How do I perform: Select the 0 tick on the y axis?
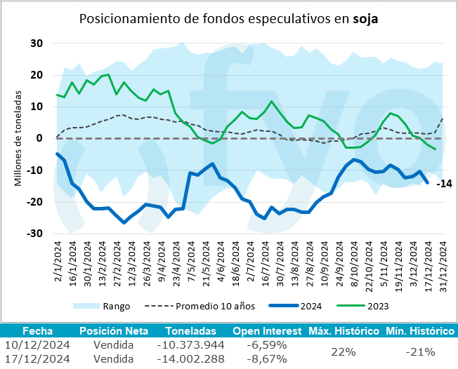click(40, 138)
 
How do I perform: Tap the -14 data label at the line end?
click(443, 184)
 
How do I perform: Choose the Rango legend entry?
click(117, 306)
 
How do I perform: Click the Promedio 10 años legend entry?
click(209, 306)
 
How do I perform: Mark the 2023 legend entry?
click(377, 306)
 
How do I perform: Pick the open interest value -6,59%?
click(266, 344)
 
